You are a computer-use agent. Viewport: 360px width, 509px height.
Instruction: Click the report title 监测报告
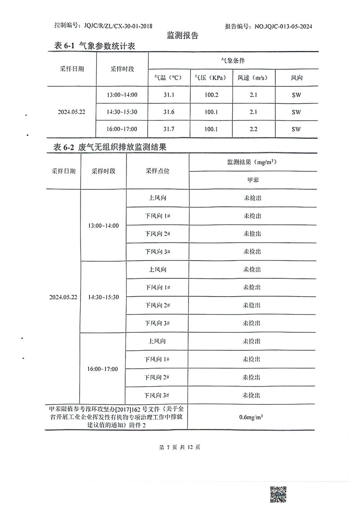(182, 36)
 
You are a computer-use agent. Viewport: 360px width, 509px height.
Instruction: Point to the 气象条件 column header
(233, 60)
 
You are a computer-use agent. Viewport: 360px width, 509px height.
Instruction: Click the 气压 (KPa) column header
(211, 77)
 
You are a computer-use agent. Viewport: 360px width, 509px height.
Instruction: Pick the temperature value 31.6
(169, 112)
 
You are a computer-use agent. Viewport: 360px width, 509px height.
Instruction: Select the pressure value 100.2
(211, 95)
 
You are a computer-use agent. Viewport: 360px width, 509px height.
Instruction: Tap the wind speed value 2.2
(253, 129)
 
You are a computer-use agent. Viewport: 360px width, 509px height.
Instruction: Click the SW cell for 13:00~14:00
(296, 95)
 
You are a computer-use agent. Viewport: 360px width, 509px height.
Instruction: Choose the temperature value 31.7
(169, 129)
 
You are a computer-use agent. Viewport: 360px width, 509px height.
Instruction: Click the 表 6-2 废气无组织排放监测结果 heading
(110, 147)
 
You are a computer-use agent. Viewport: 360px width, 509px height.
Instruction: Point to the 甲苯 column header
(252, 180)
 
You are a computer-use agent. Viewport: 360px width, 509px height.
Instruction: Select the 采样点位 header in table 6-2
(157, 171)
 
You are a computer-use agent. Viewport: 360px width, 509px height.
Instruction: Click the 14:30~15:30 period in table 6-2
(103, 297)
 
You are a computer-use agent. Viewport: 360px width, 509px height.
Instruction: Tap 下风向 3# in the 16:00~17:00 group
(157, 395)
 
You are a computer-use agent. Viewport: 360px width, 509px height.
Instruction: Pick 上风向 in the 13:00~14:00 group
(157, 198)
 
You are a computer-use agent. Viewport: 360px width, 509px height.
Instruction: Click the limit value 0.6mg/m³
(252, 417)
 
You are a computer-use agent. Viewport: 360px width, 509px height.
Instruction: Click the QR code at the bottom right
(278, 495)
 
